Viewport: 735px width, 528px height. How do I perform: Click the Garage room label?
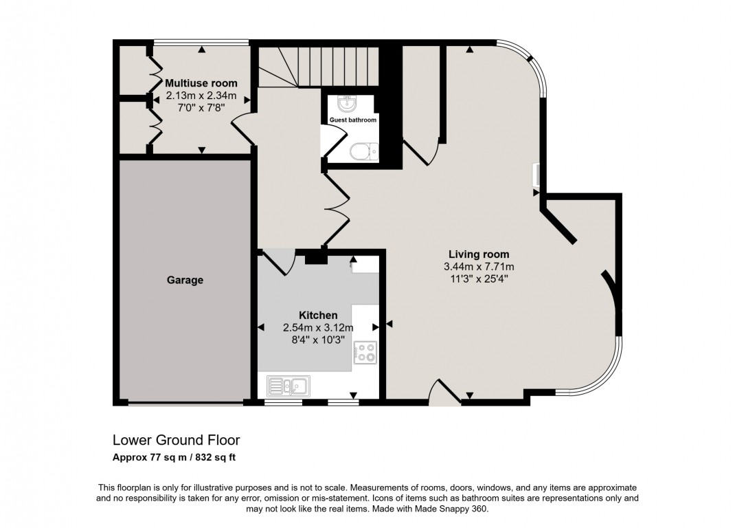tap(185, 280)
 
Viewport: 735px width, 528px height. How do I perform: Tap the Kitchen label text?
tap(318, 316)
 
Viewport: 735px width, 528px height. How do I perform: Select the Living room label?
tap(479, 254)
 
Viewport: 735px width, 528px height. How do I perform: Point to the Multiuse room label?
tap(201, 83)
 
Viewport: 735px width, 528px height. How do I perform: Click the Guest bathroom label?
tap(352, 120)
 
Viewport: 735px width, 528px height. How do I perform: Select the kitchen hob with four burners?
tap(365, 353)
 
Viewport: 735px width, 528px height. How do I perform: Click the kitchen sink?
tap(288, 386)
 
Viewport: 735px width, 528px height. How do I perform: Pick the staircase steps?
tap(319, 67)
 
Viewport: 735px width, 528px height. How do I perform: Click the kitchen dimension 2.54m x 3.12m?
tap(318, 328)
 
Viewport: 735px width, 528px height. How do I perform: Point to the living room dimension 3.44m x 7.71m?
tap(479, 267)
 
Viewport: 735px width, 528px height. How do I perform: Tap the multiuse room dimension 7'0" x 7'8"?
tap(201, 107)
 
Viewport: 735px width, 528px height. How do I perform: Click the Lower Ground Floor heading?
tap(177, 440)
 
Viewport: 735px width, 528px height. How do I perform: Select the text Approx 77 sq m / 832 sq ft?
tap(174, 457)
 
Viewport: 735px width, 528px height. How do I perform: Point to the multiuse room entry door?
tap(242, 129)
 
